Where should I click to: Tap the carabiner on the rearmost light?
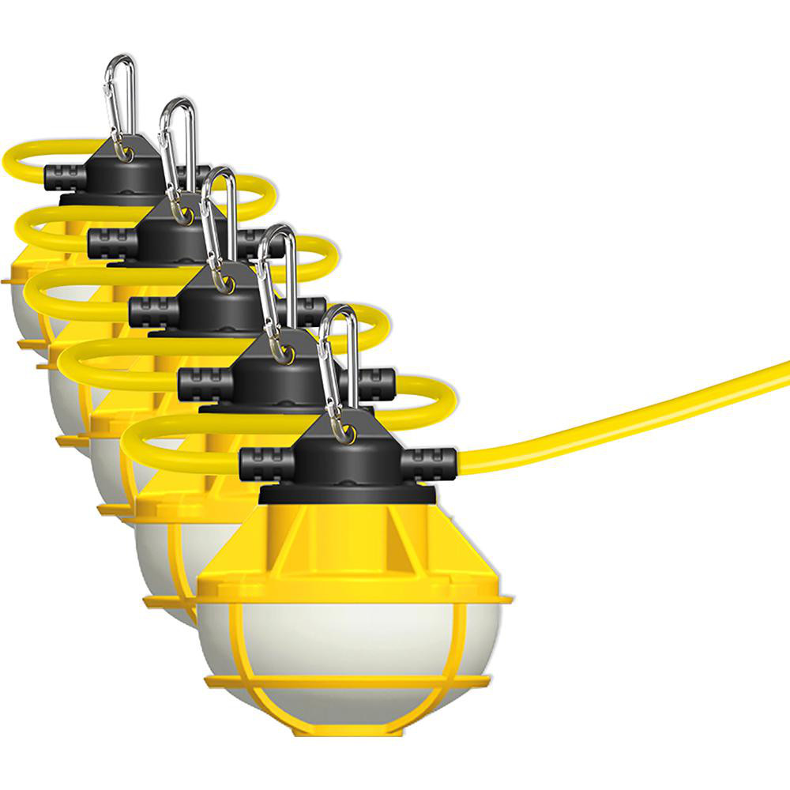(x=119, y=103)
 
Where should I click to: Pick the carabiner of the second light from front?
(x=276, y=292)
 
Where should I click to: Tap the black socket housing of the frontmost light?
(x=348, y=466)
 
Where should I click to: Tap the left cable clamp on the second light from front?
(x=204, y=384)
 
